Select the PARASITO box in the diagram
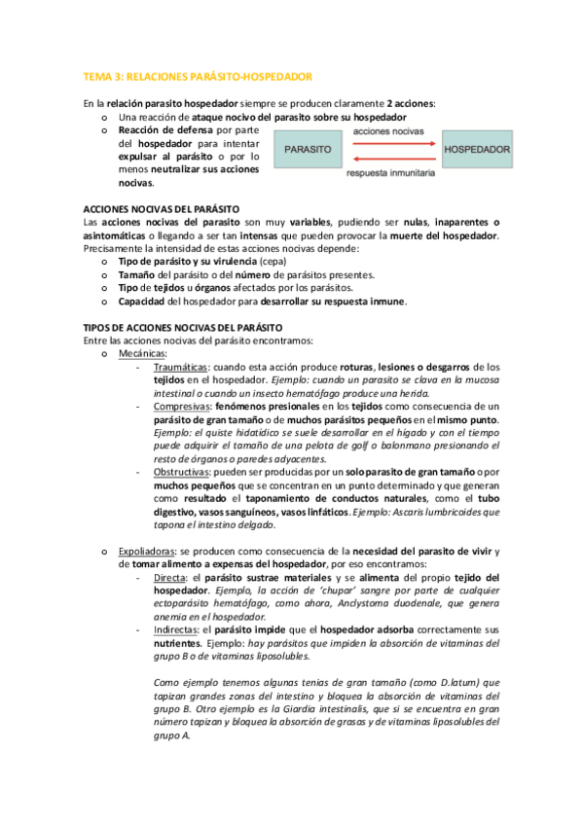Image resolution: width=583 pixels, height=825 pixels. pos(308,151)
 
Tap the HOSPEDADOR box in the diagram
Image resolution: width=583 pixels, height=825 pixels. pos(477,151)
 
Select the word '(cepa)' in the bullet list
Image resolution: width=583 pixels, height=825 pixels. pos(275,262)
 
